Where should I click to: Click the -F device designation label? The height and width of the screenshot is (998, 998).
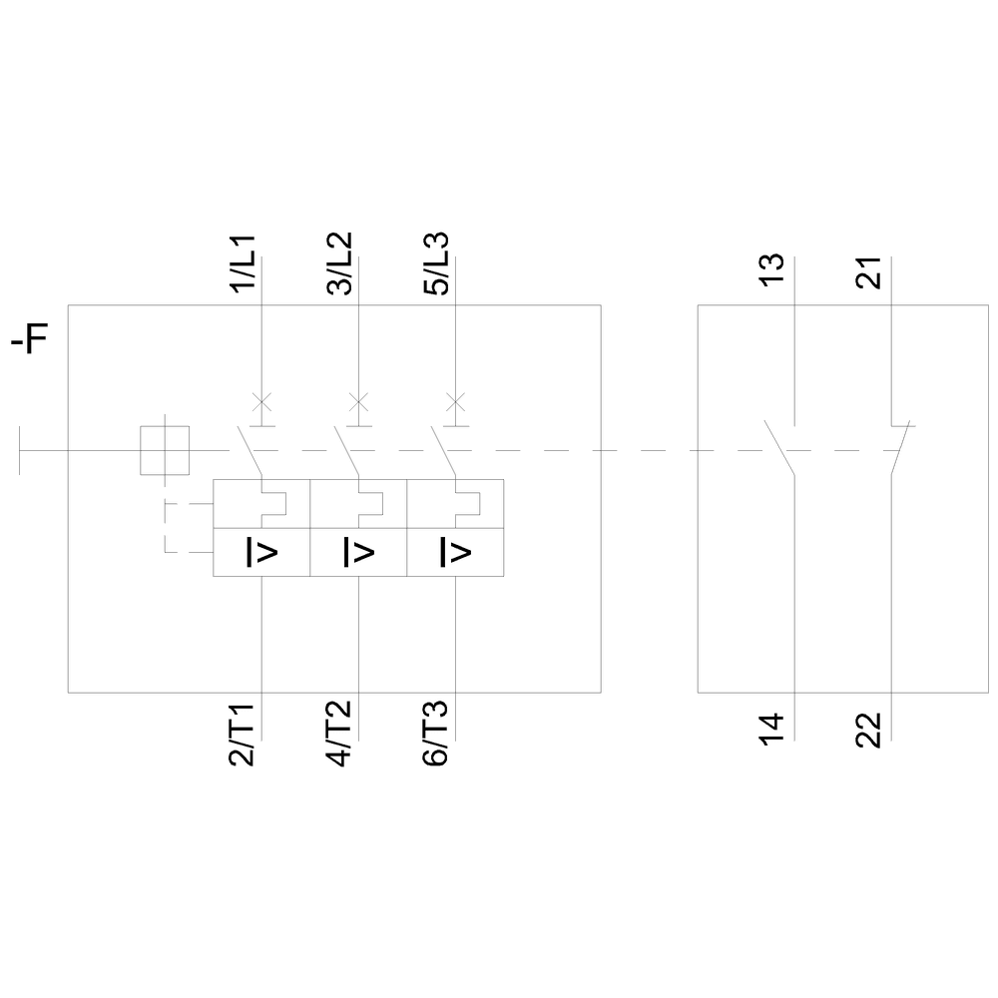point(30,342)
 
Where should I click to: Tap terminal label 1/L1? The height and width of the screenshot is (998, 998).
point(244,264)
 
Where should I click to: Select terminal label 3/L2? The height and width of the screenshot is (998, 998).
point(339,264)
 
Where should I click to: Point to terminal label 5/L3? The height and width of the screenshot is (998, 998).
point(436,264)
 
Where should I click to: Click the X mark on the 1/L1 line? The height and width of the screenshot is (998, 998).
point(261,402)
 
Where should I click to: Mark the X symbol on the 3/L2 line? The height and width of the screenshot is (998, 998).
point(358,402)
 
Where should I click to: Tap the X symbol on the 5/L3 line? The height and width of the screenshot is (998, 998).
point(455,402)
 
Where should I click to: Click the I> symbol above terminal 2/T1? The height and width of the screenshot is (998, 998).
point(261,552)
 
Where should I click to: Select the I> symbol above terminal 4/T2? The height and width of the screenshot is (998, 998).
point(358,552)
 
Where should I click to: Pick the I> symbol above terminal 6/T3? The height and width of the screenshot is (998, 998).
point(455,552)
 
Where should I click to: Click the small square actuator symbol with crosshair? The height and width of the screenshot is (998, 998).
point(165,450)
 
